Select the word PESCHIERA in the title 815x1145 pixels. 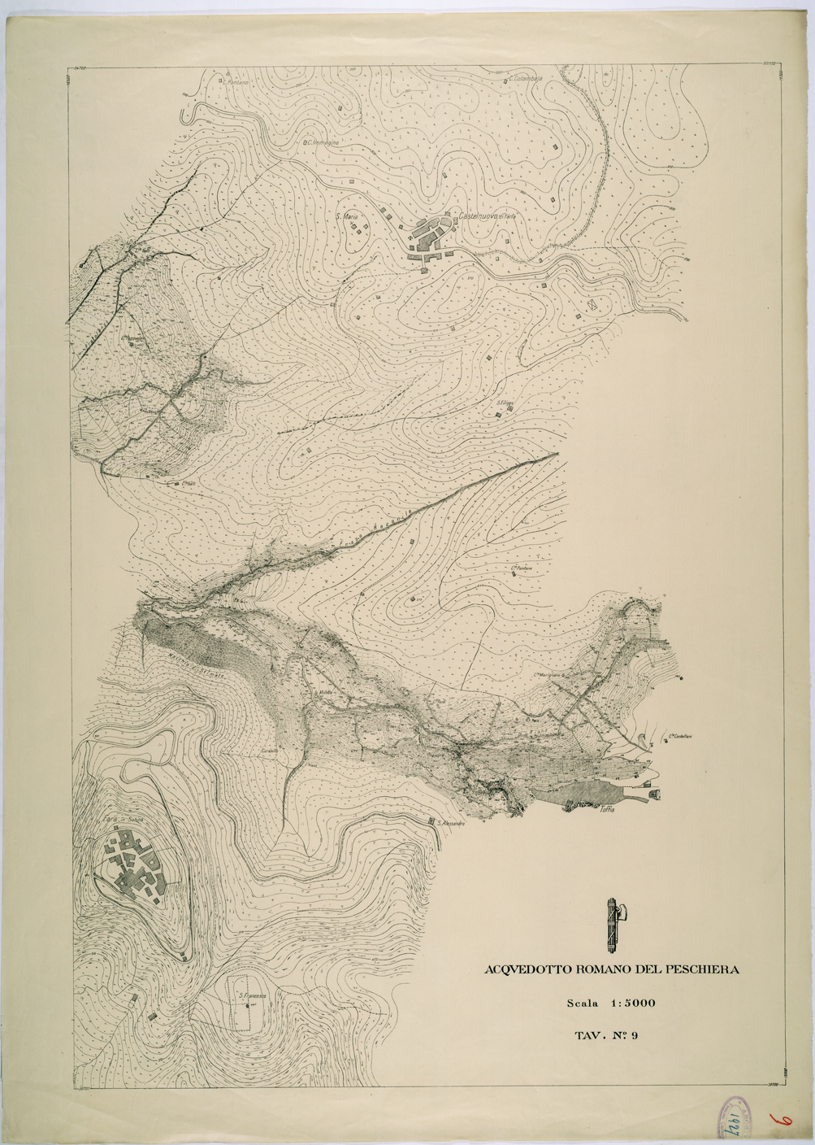tap(702, 969)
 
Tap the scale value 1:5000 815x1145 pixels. tap(626, 1004)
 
